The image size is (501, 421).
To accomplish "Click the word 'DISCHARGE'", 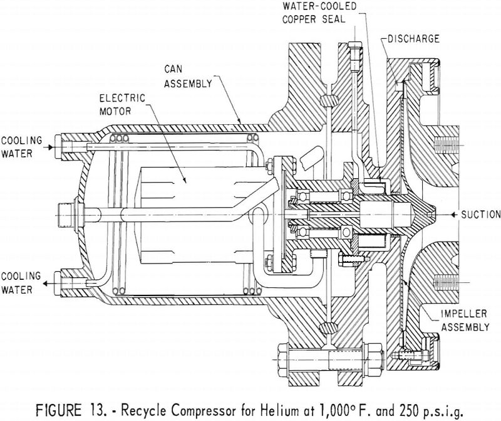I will (x=413, y=38).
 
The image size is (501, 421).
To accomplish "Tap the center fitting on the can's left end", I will (x=65, y=209).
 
